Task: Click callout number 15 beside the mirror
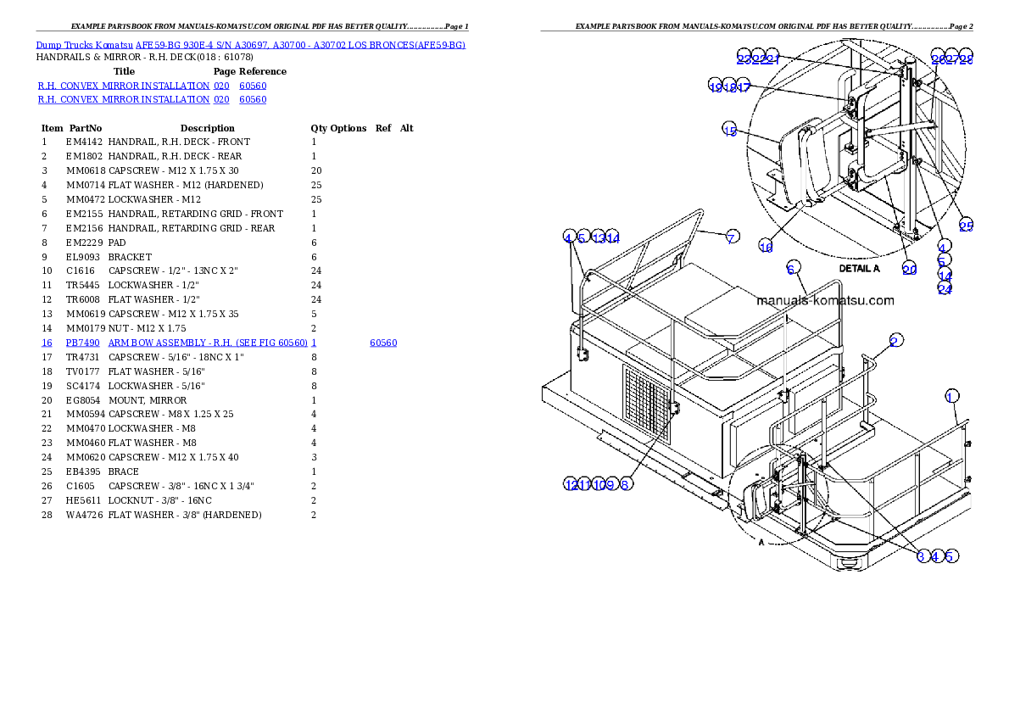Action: click(730, 129)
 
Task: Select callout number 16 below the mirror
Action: click(766, 247)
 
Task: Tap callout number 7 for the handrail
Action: click(731, 237)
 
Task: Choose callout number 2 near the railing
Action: click(895, 341)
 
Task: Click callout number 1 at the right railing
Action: click(952, 396)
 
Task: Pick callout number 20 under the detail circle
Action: click(909, 269)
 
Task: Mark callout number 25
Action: click(966, 226)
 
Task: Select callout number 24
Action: click(945, 288)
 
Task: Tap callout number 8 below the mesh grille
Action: click(625, 484)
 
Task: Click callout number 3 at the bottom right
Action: click(922, 556)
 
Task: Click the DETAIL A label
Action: click(859, 268)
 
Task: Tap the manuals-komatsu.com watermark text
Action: click(824, 300)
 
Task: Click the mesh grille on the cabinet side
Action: click(646, 404)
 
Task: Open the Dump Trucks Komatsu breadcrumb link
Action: click(250, 44)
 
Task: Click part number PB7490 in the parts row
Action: click(83, 343)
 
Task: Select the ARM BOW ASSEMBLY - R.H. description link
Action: click(212, 343)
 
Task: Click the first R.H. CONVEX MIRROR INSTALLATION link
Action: click(124, 86)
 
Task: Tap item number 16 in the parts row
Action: click(47, 343)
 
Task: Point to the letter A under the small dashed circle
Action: click(761, 543)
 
